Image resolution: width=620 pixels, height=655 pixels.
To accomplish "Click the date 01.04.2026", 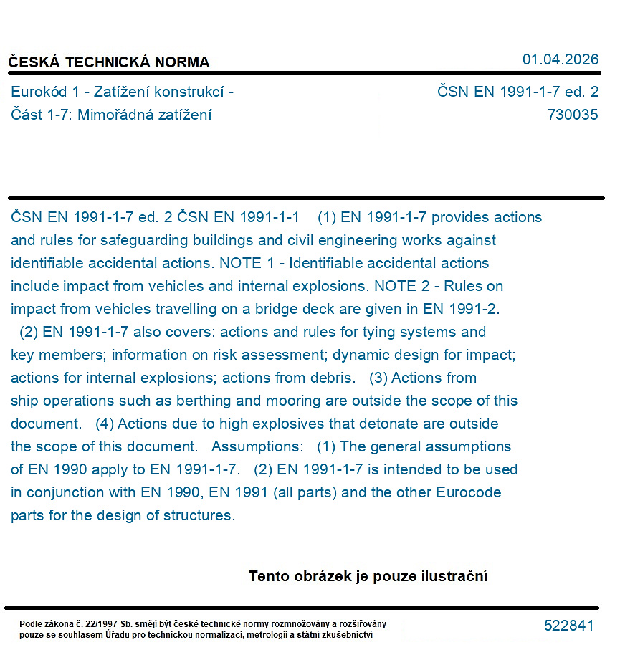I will pyautogui.click(x=560, y=59).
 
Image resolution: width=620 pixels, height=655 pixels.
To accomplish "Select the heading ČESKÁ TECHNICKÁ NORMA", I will pyautogui.click(x=109, y=62).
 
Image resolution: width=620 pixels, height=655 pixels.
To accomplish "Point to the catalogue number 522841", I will pyautogui.click(x=568, y=626).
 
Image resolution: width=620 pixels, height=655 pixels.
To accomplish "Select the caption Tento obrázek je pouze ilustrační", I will pyautogui.click(x=368, y=576).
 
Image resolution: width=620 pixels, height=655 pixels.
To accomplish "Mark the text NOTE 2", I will pyautogui.click(x=396, y=286).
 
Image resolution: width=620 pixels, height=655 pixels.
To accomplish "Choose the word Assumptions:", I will pyautogui.click(x=257, y=446).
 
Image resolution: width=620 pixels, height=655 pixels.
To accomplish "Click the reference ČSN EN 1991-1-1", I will pyautogui.click(x=238, y=217).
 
